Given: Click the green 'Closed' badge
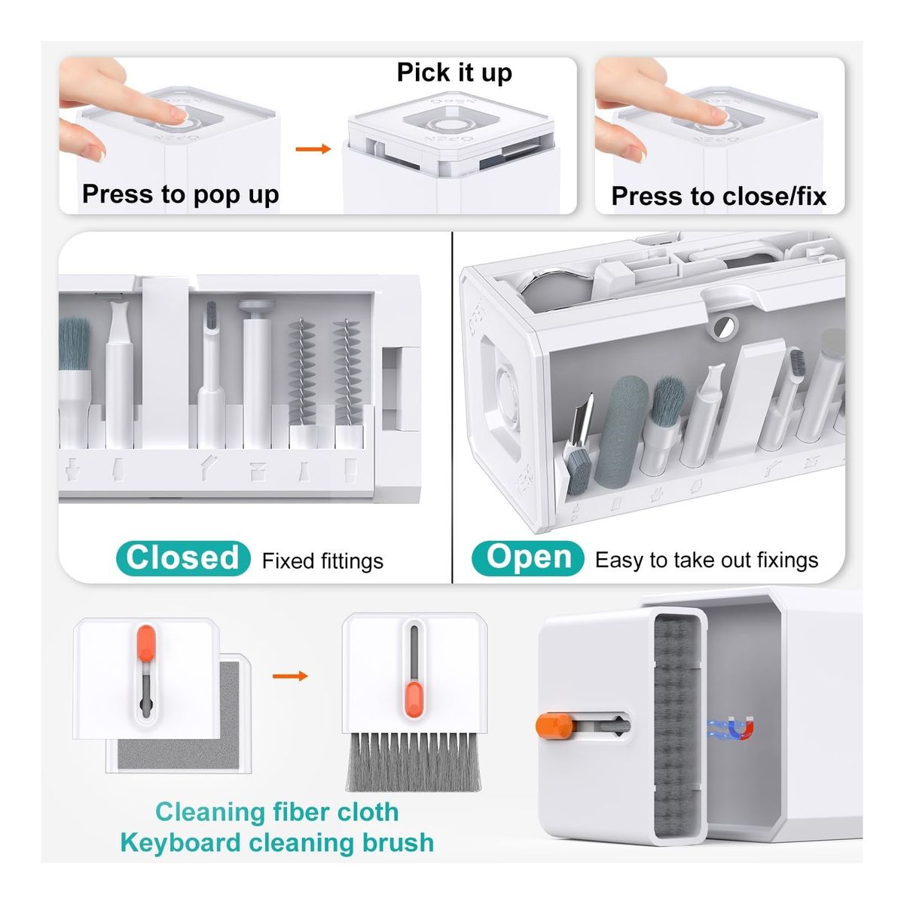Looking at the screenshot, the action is coord(182,558).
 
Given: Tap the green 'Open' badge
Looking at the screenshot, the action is coord(528,558).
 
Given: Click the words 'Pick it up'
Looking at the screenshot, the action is coord(454,73).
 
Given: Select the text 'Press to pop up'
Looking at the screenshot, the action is coord(181,194).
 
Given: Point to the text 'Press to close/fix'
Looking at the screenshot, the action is coord(718,196).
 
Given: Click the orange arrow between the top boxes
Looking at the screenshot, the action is coord(313,149).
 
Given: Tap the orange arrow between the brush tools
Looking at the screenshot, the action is coord(290,676).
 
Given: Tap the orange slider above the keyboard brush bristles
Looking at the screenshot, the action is coord(414,699).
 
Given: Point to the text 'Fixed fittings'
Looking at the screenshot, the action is coord(322,561).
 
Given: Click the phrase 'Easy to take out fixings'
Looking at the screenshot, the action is coord(707,560).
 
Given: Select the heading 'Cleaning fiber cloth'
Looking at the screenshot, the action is coord(276,812).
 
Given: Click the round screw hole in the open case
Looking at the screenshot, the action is coord(724,325).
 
